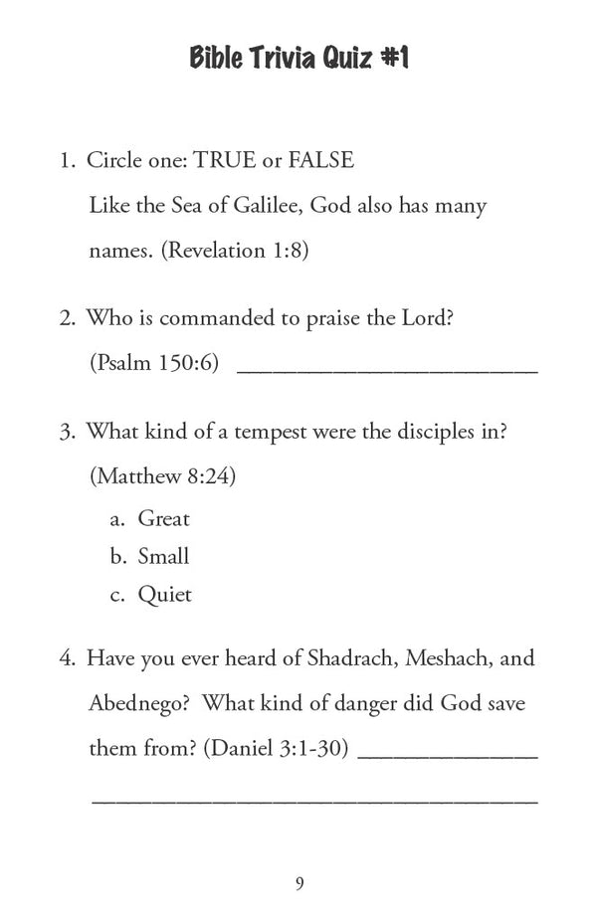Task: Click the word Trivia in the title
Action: point(264,60)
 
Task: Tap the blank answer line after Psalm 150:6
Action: point(387,368)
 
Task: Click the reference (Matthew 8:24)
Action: point(162,476)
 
